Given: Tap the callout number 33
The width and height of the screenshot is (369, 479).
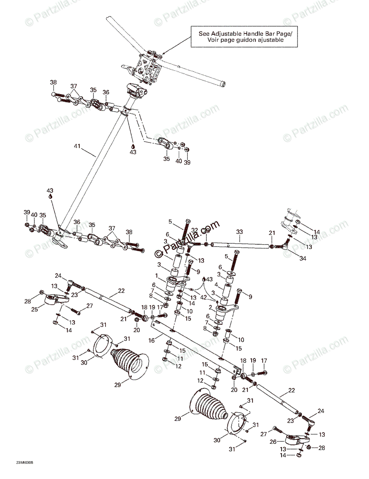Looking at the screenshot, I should click(239, 232).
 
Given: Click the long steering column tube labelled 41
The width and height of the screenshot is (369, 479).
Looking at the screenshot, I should click(92, 168).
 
